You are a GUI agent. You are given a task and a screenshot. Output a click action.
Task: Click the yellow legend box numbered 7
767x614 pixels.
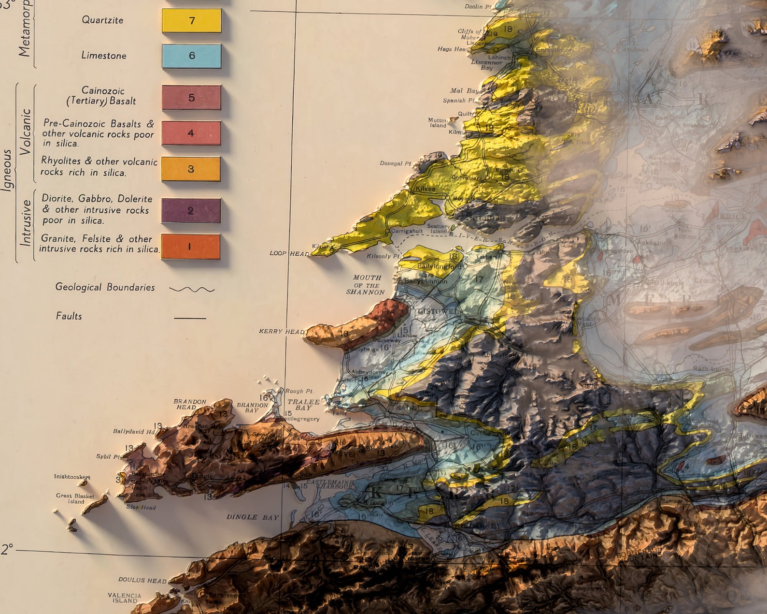click(192, 21)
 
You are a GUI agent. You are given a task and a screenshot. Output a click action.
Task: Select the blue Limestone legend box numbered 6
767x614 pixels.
click(192, 56)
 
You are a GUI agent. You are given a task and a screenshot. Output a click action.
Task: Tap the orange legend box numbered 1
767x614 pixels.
click(190, 247)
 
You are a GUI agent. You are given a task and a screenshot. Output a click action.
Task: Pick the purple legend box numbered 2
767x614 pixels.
click(191, 210)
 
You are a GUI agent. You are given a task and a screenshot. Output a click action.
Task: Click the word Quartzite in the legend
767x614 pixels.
click(102, 20)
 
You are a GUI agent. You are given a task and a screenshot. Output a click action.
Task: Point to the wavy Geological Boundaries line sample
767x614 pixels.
click(192, 289)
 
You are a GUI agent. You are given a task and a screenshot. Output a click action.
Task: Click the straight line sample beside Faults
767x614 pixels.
click(190, 318)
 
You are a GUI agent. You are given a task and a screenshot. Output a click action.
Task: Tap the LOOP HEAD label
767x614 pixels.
click(289, 253)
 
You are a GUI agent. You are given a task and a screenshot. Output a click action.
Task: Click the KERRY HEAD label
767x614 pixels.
click(282, 331)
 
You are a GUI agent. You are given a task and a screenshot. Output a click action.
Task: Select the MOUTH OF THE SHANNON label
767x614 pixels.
click(366, 285)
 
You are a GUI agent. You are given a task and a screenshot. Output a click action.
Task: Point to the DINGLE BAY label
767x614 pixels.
click(253, 517)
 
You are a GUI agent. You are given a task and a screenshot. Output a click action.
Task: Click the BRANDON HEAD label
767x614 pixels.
click(189, 404)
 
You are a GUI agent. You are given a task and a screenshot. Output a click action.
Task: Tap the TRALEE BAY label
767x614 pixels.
click(303, 405)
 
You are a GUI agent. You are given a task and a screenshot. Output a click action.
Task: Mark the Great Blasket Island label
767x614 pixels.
click(75, 498)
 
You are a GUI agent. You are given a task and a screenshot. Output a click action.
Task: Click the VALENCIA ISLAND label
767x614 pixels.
click(125, 598)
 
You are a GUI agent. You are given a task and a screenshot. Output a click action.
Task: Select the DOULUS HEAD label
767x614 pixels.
click(142, 580)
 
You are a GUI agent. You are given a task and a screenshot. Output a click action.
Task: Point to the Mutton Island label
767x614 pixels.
click(438, 122)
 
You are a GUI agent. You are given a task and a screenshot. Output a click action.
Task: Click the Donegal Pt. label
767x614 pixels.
click(395, 163)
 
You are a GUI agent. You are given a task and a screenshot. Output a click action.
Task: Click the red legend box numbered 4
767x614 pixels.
click(191, 133)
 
